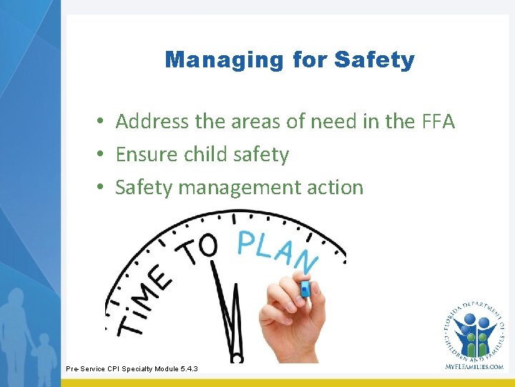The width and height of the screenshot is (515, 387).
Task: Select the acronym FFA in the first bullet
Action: point(437,122)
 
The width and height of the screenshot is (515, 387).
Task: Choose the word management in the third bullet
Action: point(239,188)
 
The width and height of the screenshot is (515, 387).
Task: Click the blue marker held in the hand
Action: point(305,288)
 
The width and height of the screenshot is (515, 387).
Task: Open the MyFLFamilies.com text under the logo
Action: point(473,366)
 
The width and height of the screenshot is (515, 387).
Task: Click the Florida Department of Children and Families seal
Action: point(473,329)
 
